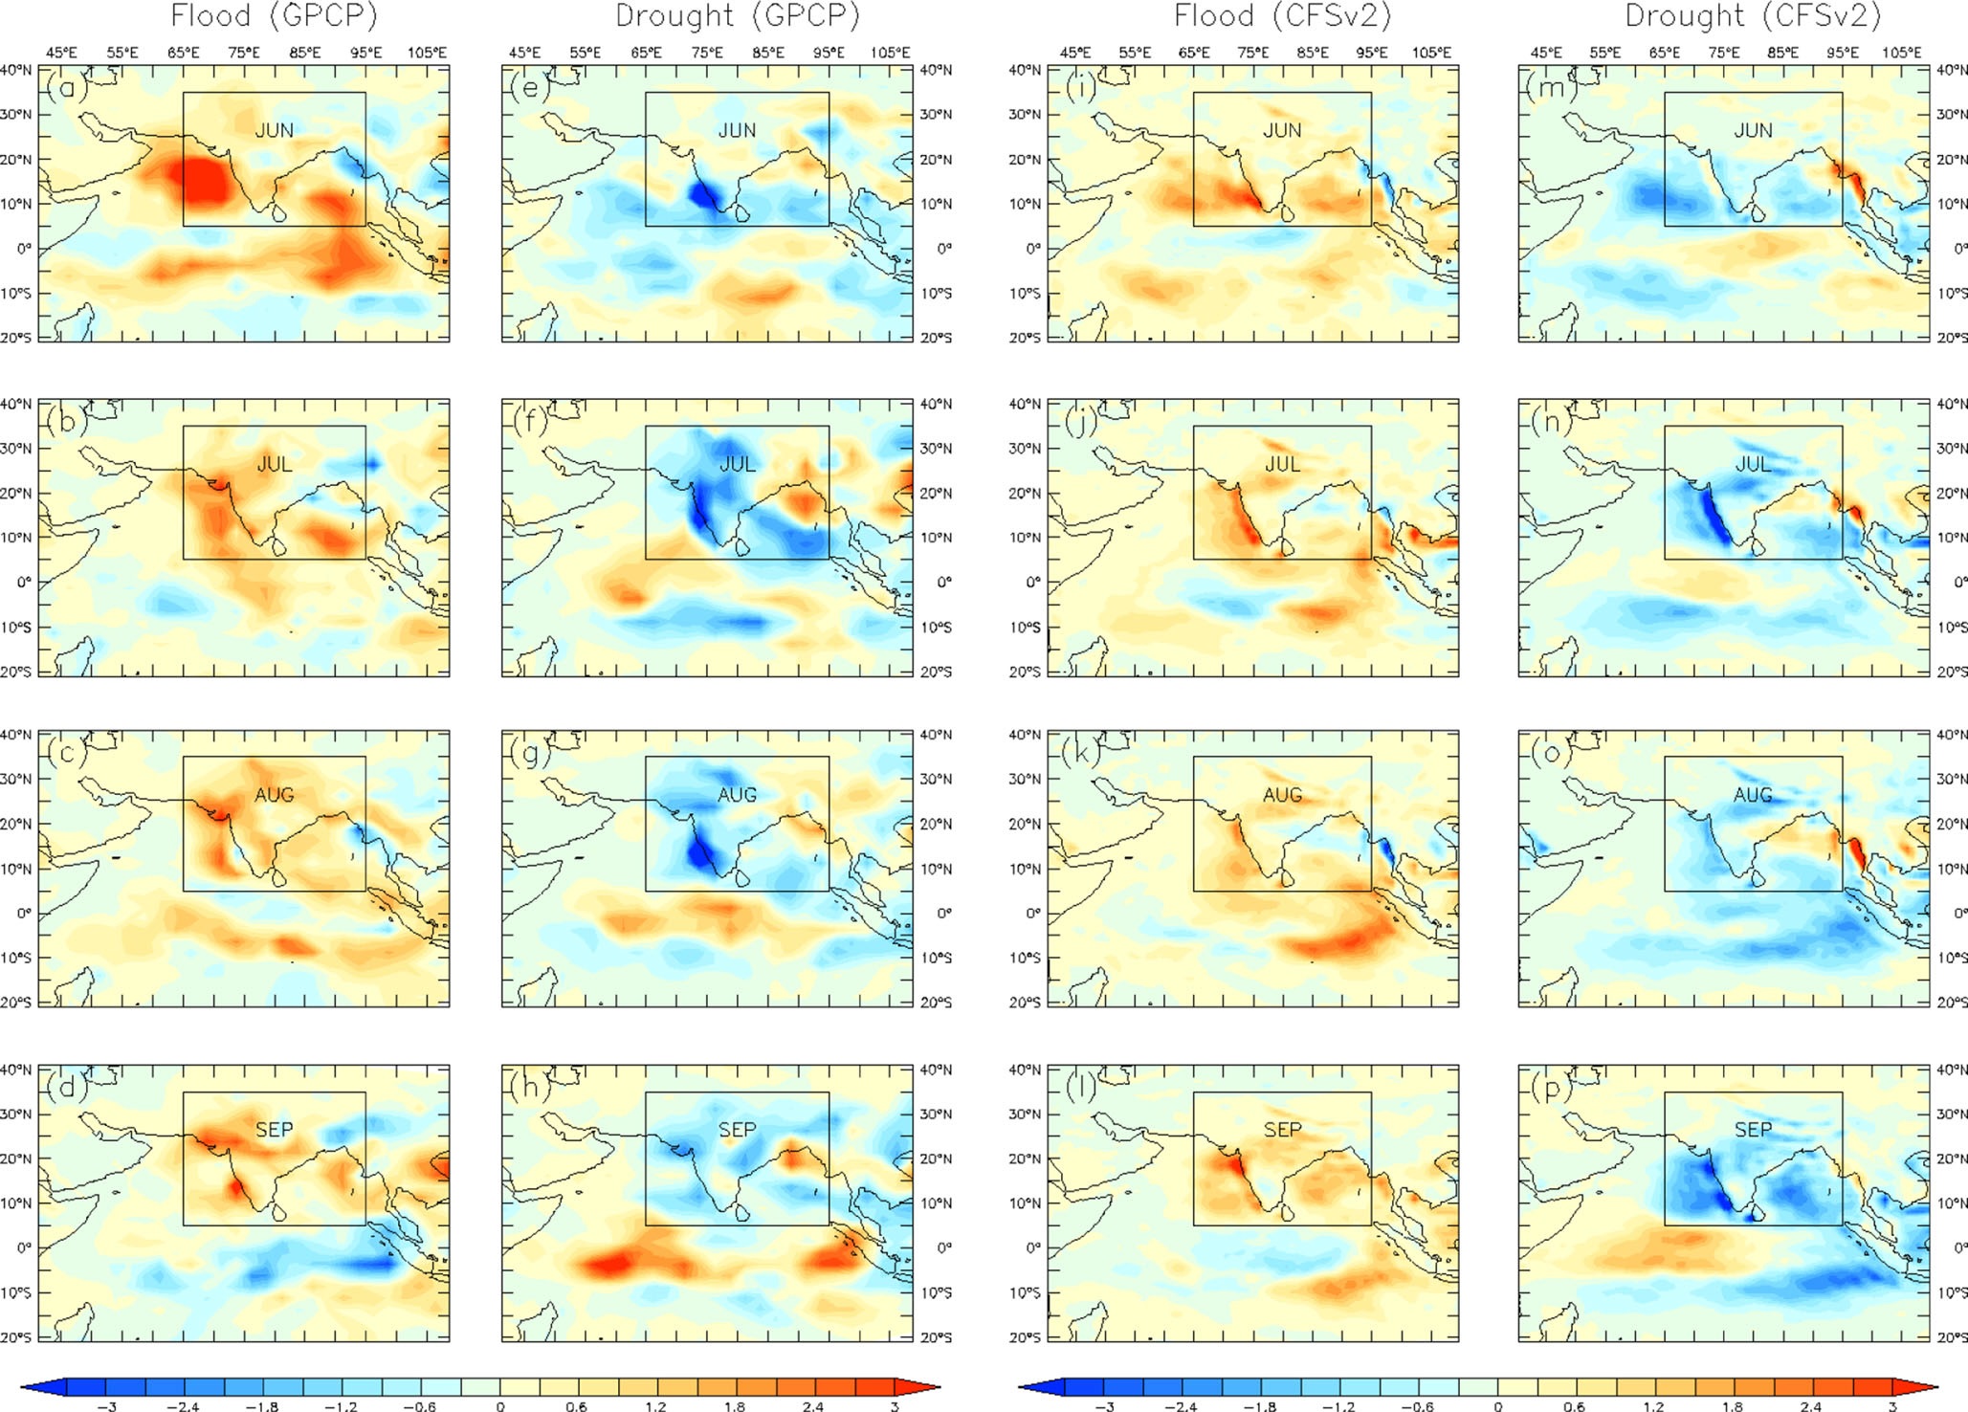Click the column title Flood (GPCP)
[x=274, y=16]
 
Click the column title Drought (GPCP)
[x=737, y=16]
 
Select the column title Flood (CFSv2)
[x=1282, y=16]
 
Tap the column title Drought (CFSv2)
[x=1753, y=16]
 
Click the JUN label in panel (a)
[x=274, y=130]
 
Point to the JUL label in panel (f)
[x=737, y=464]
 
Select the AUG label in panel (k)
[x=1282, y=795]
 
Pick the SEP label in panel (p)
[x=1753, y=1130]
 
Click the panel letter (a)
[x=67, y=89]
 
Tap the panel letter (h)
[x=529, y=1089]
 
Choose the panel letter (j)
[x=1081, y=422]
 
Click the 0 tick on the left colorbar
[x=500, y=1406]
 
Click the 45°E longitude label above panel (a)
[x=62, y=53]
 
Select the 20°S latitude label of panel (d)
[x=15, y=1337]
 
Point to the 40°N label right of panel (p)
[x=1952, y=1070]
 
